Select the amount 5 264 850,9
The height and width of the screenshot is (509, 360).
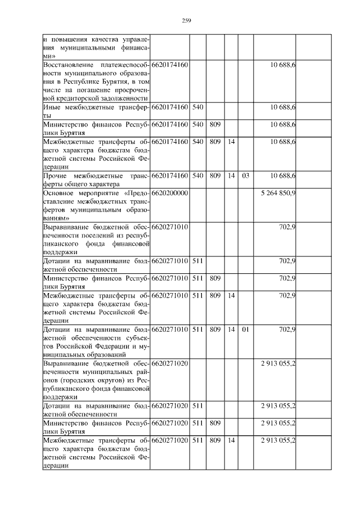(x=278, y=193)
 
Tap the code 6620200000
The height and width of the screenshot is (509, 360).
(x=169, y=193)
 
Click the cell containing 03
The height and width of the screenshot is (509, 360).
(x=245, y=176)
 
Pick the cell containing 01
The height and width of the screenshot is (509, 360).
(x=245, y=329)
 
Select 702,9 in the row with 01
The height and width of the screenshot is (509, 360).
(x=287, y=329)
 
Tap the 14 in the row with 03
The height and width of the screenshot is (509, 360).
(x=231, y=176)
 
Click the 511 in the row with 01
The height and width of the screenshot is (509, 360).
(x=197, y=329)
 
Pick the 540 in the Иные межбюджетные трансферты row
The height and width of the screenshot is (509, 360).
(x=197, y=106)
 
